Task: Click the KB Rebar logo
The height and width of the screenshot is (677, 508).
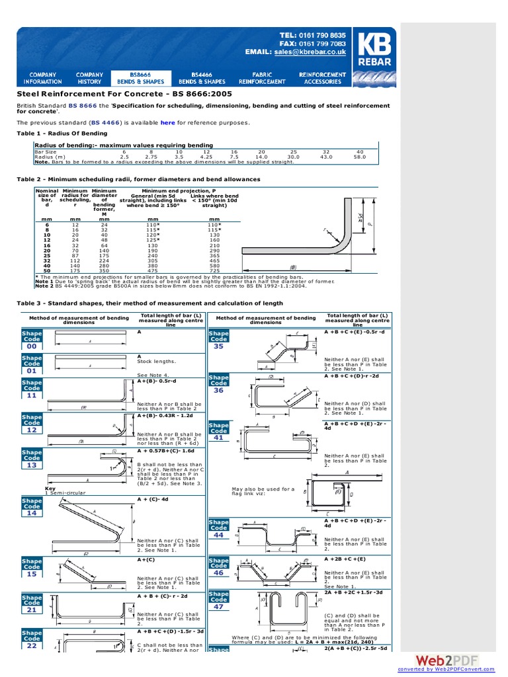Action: pyautogui.click(x=374, y=56)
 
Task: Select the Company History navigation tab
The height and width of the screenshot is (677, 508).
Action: pyautogui.click(x=89, y=78)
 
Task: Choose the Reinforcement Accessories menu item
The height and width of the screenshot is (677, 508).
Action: pyautogui.click(x=322, y=78)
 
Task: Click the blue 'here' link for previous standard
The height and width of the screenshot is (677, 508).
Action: pyautogui.click(x=167, y=122)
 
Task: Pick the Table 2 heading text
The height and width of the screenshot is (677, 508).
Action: pyautogui.click(x=138, y=179)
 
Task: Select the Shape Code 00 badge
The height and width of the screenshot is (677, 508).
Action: pyautogui.click(x=32, y=341)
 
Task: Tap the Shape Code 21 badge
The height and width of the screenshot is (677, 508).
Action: pyautogui.click(x=32, y=604)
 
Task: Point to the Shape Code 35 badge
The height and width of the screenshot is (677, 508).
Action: pyautogui.click(x=219, y=341)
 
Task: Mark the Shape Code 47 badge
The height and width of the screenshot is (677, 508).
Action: pyautogui.click(x=219, y=602)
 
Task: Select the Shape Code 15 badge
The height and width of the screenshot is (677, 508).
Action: pyautogui.click(x=32, y=568)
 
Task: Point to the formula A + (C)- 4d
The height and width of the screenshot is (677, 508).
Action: pyautogui.click(x=154, y=499)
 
